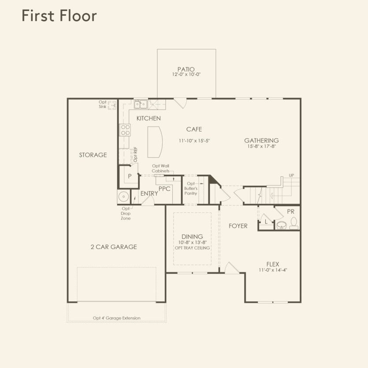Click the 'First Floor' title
pos(59,15)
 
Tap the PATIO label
pos(186,69)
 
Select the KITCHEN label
pos(148,119)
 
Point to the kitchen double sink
pos(141,104)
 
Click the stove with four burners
pos(125,130)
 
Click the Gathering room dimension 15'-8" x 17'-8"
pos(261,146)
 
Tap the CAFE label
pos(194,130)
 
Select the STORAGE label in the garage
pos(93,155)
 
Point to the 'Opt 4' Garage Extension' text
pos(116,318)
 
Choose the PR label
pos(290,212)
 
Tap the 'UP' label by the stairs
pos(291,175)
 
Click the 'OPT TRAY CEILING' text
pos(192,248)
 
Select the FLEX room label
pos(272,264)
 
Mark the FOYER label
pos(238,226)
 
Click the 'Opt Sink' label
pos(102,104)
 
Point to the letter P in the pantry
pos(130,176)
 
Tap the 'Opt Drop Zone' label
pos(126,213)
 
